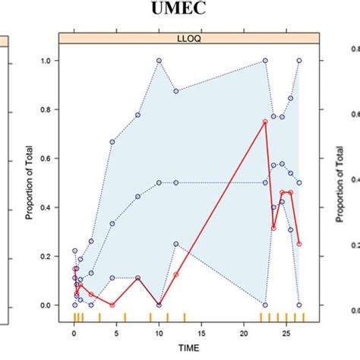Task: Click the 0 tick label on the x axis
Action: tap(74, 331)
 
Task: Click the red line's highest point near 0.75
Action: tap(265, 122)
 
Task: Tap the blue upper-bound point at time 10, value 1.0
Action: tap(159, 61)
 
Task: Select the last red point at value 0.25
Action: tap(299, 244)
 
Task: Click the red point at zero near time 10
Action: tap(159, 305)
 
